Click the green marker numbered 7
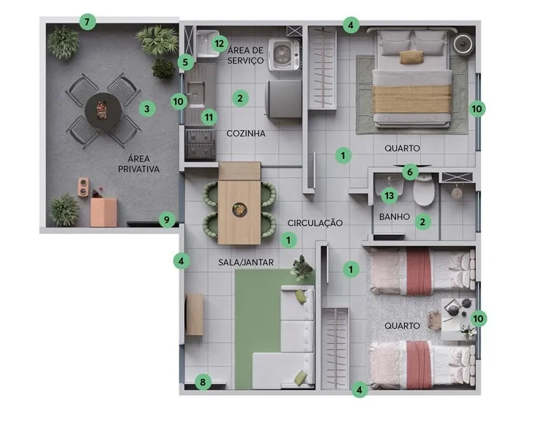87,23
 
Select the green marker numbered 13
389,195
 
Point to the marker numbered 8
203,383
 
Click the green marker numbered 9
167,220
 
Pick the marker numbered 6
410,172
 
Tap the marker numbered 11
209,118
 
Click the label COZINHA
246,133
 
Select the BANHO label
395,217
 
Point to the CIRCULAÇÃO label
315,222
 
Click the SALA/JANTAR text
246,262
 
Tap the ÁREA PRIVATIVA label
138,164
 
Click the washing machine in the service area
285,54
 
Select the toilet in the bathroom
424,189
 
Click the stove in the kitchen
201,144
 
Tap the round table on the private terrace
102,110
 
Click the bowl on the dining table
239,209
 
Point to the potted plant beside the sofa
301,268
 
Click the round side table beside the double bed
463,44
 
